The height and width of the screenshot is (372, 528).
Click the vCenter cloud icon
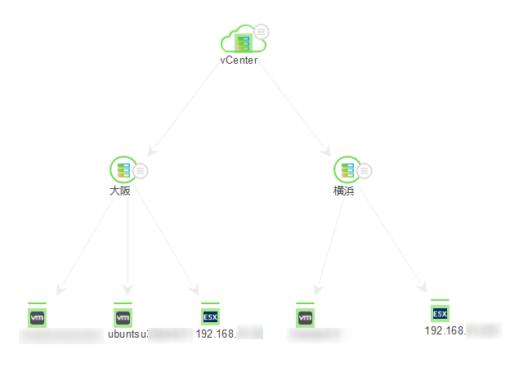coord(239,40)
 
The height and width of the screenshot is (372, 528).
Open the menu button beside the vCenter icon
coord(261,32)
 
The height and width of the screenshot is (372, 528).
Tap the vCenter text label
coord(239,60)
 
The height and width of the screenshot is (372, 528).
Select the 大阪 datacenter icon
coord(122,169)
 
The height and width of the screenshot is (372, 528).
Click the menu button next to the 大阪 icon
coord(141,171)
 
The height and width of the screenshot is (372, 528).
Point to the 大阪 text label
coord(120,190)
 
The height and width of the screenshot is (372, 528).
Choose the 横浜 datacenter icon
coord(347,169)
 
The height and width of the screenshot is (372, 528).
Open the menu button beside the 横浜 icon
coord(365,171)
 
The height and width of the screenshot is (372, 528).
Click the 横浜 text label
coord(344,190)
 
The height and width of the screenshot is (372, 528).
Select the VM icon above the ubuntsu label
coord(123,316)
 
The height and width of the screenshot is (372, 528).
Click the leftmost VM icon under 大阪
coord(37,316)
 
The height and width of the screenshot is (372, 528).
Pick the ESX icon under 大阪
coord(210,316)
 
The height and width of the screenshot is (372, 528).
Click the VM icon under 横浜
coord(305,316)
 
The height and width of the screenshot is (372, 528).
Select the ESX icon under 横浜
coord(440,313)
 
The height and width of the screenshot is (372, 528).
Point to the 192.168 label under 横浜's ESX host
coord(445,330)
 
